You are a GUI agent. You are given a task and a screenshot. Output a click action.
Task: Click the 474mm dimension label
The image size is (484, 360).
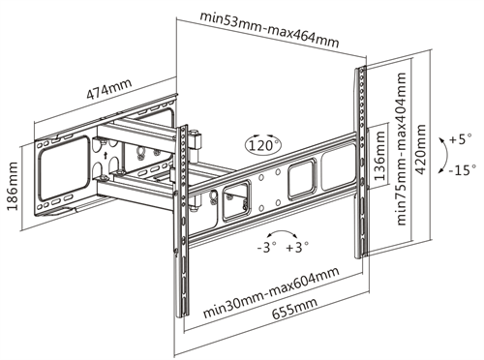click(107, 94)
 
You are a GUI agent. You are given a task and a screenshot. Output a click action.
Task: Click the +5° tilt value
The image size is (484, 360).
click(459, 137)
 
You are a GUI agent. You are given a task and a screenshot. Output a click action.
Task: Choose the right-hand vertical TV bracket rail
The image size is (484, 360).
click(360, 165)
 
